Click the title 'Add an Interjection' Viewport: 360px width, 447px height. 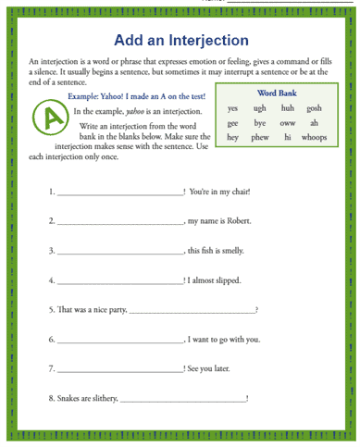point(180,41)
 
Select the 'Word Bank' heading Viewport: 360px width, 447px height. point(275,93)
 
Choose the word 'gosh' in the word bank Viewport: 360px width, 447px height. point(314,108)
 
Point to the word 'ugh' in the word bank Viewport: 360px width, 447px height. point(260,108)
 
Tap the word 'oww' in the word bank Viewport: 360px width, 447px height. point(287,122)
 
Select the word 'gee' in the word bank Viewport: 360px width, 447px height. point(233,122)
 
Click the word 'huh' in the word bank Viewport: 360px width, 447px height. point(287,108)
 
